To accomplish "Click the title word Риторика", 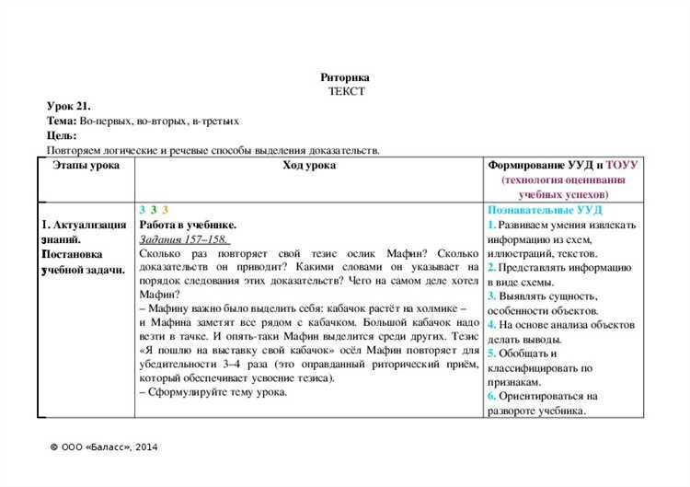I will click(x=345, y=77).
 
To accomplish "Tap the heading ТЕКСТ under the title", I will click(x=345, y=91).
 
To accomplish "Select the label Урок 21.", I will click(x=68, y=107).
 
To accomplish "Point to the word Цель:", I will click(x=62, y=135).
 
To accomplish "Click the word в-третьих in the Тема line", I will click(x=216, y=122).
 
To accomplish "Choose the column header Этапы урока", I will click(x=86, y=166).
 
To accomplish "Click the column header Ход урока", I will click(x=309, y=166).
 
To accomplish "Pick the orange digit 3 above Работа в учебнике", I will click(x=164, y=211).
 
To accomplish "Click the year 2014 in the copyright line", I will click(x=144, y=447).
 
